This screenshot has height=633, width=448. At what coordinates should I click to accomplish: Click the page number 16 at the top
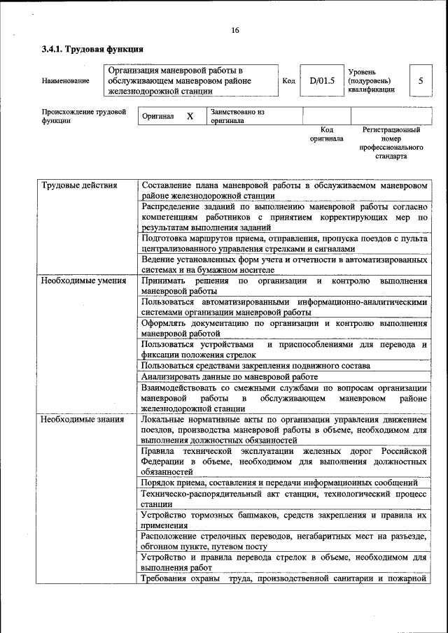[234, 29]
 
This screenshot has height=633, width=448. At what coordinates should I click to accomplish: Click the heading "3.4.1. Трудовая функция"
[92, 50]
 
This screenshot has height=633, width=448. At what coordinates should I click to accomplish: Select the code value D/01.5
[323, 80]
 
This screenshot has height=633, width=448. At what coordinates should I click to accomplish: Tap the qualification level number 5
[421, 80]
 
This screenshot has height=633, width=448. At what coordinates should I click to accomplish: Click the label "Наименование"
[66, 81]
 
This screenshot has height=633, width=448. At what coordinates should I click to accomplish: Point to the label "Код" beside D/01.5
[288, 81]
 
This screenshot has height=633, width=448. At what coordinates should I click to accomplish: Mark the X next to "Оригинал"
[190, 116]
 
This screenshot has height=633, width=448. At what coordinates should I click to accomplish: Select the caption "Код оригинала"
[326, 134]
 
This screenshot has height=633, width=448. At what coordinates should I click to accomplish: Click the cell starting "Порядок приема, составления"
[279, 483]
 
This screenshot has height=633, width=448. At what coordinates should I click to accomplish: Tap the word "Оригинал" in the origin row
[157, 117]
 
